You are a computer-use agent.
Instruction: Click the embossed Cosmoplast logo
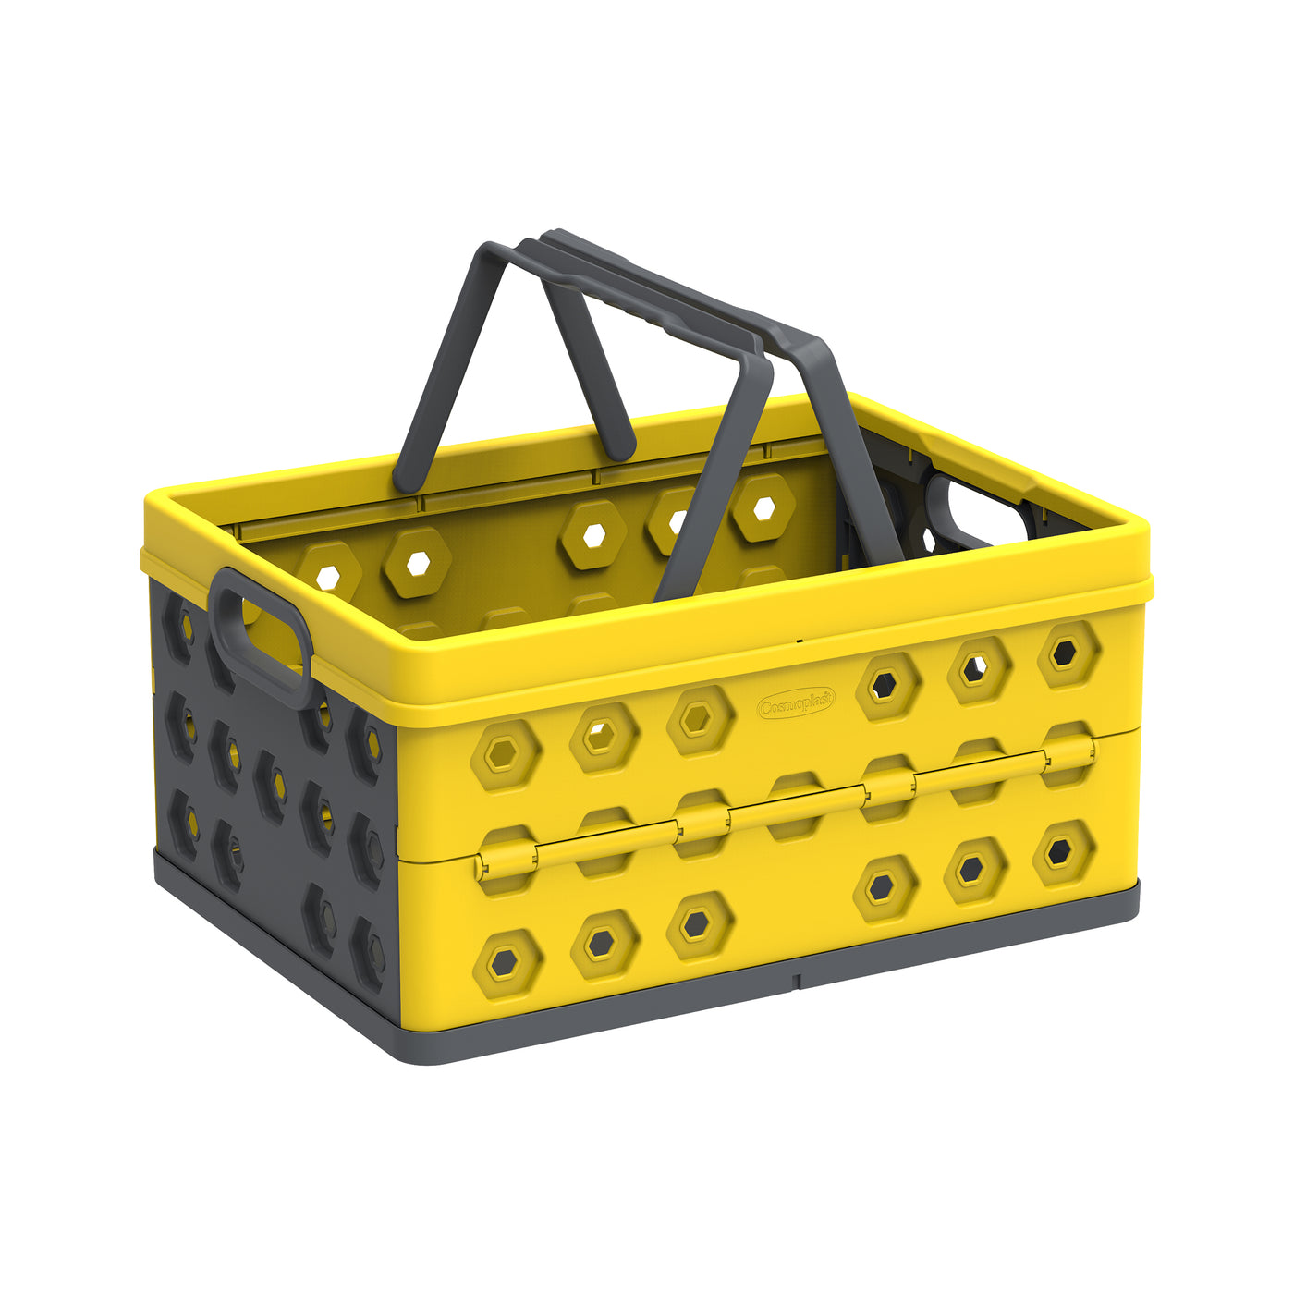click(796, 704)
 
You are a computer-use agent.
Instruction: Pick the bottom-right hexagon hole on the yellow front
click(1059, 853)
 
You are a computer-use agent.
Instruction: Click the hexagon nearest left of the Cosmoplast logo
click(699, 719)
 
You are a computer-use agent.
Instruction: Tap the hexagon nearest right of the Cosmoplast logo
click(887, 686)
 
